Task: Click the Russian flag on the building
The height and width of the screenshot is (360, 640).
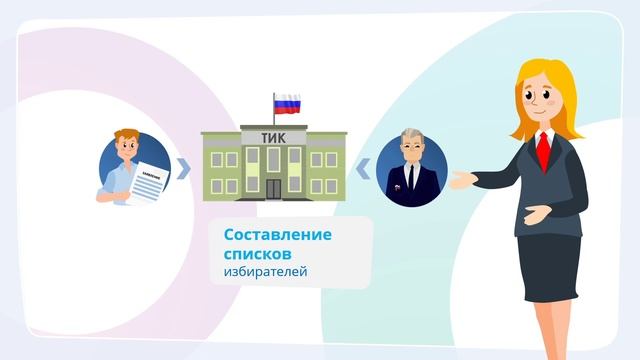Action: (287, 103)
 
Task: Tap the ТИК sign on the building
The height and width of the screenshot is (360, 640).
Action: (272, 139)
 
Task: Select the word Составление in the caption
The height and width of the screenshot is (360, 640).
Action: (278, 235)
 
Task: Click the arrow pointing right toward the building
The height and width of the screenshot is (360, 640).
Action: (183, 168)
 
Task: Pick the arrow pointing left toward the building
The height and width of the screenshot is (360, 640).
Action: (362, 168)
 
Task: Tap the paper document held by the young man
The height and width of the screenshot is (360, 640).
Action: (151, 181)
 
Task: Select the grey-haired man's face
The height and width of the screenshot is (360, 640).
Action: (411, 150)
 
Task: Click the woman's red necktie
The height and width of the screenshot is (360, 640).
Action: (542, 153)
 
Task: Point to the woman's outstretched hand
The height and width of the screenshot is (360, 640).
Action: (461, 181)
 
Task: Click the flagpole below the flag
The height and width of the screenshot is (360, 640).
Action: (274, 115)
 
